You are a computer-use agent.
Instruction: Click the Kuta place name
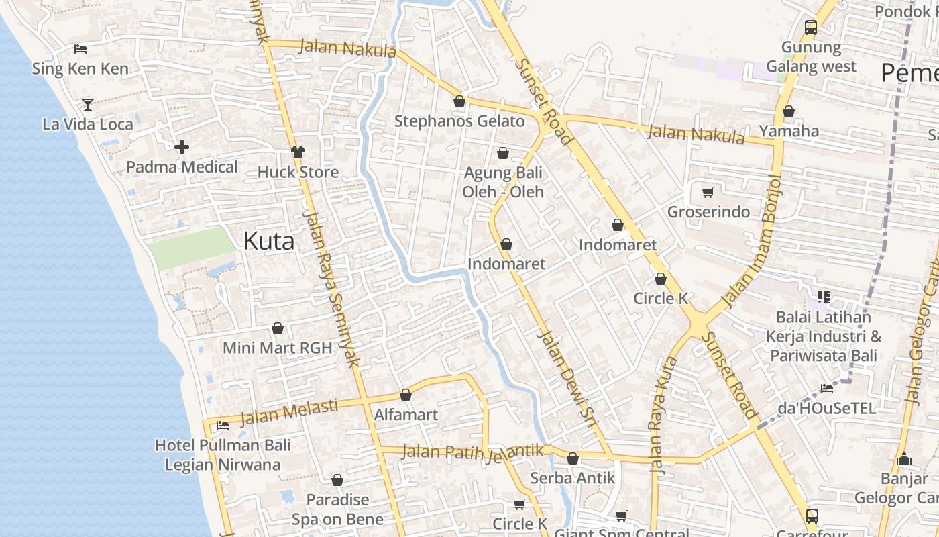click(x=268, y=240)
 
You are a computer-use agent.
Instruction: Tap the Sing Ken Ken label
click(x=81, y=68)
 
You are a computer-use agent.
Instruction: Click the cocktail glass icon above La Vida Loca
click(x=87, y=104)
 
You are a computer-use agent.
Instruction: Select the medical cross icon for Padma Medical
click(x=181, y=147)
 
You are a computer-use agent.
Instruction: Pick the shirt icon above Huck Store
click(x=297, y=152)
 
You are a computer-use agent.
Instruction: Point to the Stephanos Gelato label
click(x=459, y=121)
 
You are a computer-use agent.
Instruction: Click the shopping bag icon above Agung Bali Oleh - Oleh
click(x=503, y=154)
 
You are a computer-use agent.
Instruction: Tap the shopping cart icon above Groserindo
click(x=708, y=193)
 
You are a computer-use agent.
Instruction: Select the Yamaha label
click(x=789, y=131)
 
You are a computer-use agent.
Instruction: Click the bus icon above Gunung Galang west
click(x=811, y=28)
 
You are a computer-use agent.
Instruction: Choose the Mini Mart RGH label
click(x=278, y=348)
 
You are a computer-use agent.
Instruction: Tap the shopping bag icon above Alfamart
click(x=405, y=395)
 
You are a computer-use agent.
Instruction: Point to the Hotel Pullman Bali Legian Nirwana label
click(x=223, y=454)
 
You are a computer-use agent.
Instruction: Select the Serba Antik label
click(x=572, y=478)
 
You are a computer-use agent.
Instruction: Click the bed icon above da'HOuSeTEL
click(x=826, y=388)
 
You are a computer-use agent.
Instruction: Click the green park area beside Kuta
click(x=191, y=247)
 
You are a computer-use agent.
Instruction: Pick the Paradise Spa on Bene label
click(x=337, y=509)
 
